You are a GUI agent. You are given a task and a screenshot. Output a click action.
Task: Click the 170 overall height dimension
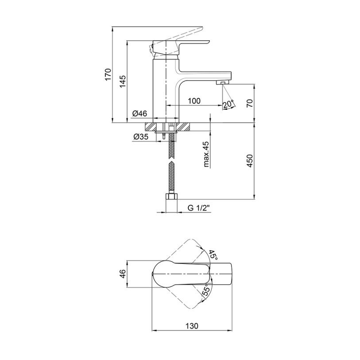[108, 74]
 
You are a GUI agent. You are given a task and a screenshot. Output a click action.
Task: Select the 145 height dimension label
[122, 81]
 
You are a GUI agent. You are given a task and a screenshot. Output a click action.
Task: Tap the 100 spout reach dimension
[194, 101]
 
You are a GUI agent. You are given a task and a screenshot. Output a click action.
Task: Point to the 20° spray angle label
[228, 104]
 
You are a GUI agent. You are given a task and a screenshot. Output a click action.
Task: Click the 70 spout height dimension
[250, 103]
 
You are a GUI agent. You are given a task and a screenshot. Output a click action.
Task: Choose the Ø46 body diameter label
[139, 113]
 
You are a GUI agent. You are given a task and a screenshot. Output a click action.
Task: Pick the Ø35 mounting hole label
[141, 137]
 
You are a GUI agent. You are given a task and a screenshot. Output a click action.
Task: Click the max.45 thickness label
[206, 154]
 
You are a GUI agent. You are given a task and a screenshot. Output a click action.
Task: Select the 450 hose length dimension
[250, 161]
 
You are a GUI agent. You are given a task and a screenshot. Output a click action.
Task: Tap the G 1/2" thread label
[199, 208]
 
